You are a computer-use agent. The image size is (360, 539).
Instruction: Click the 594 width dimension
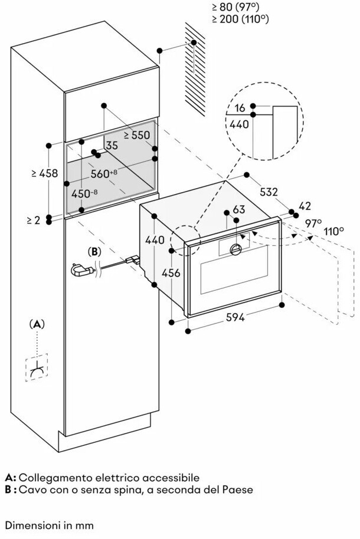pos(235,317)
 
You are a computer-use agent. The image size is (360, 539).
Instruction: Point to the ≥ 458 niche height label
pos(44,173)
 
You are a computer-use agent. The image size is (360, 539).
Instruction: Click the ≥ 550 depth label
pos(137,134)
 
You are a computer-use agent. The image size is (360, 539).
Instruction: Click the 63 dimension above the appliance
pos(238,209)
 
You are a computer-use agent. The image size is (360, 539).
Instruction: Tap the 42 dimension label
pos(305,206)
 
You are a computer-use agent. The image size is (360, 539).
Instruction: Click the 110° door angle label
pos(333,231)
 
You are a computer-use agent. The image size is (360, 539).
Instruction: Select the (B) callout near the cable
pos(95,251)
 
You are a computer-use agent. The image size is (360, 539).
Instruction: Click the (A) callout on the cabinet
pos(37,324)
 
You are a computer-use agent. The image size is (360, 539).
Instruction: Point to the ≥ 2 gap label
pos(33,220)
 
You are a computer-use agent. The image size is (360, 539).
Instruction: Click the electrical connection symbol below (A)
pos(37,368)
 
